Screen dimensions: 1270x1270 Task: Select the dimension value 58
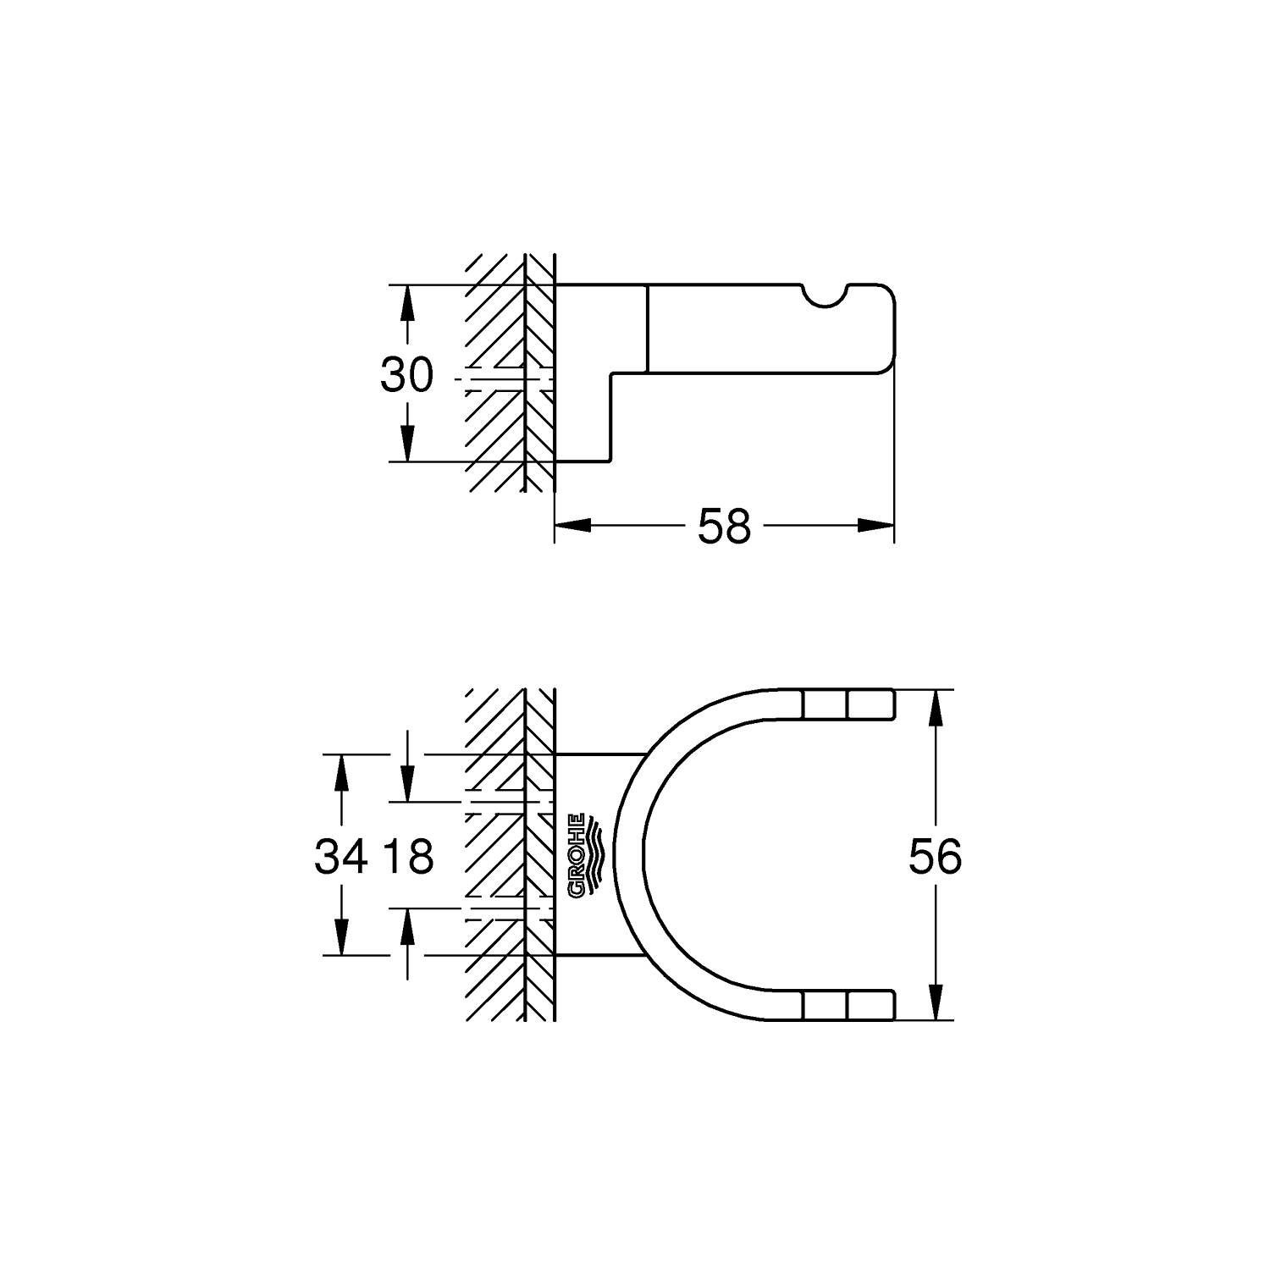tap(724, 527)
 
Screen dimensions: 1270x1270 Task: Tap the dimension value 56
tap(935, 856)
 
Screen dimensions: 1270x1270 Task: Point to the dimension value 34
tap(341, 856)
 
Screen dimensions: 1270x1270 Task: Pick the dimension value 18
tap(408, 856)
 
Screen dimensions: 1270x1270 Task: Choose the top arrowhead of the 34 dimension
tap(341, 771)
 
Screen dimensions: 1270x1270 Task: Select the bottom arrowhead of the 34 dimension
tap(341, 937)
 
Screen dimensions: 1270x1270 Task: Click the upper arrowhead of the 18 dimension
tap(408, 784)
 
